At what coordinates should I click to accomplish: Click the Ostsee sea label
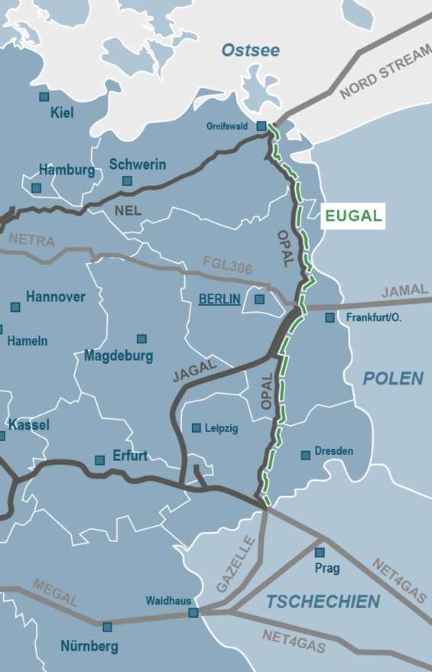click(x=251, y=51)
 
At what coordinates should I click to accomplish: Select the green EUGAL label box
click(x=353, y=216)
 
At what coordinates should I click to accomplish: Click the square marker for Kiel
click(x=44, y=97)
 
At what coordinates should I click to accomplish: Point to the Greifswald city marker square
click(x=261, y=125)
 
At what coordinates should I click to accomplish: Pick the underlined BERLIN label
click(x=219, y=299)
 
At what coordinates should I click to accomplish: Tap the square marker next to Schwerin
click(x=127, y=181)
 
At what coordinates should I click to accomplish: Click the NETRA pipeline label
click(x=32, y=240)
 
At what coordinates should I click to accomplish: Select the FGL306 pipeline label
click(x=227, y=267)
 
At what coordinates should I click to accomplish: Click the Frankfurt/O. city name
click(x=374, y=317)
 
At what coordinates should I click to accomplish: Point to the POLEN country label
click(x=393, y=378)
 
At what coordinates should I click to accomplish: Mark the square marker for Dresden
click(x=306, y=455)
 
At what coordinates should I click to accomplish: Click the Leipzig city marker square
click(x=197, y=428)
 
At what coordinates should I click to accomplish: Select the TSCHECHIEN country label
click(x=323, y=602)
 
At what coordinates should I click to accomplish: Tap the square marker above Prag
click(x=320, y=552)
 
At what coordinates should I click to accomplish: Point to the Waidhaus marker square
click(x=193, y=612)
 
